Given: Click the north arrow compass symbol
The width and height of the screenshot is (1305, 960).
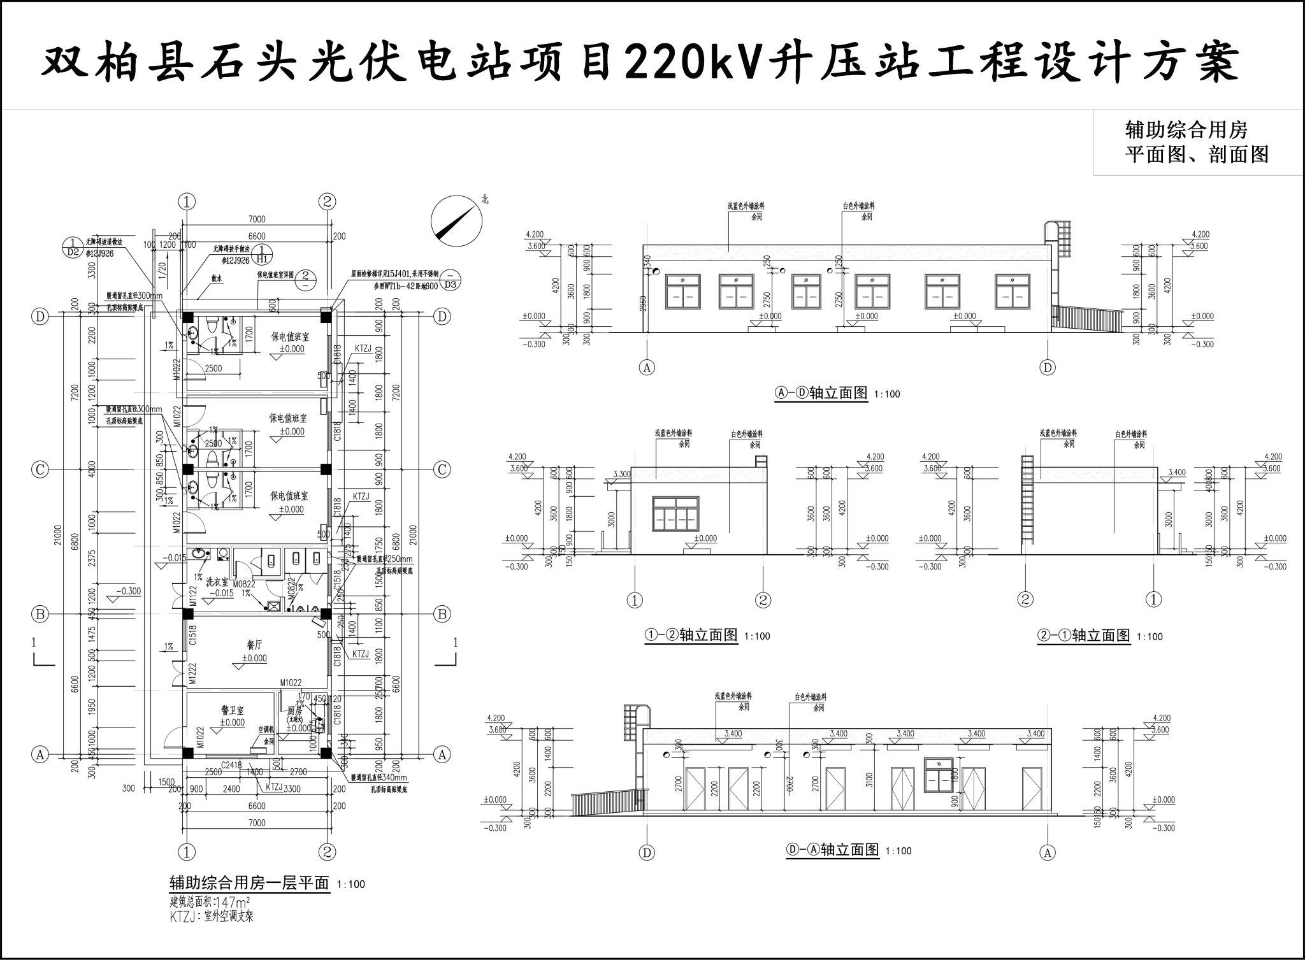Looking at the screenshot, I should click(456, 220).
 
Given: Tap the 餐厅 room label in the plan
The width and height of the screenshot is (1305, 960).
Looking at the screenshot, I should click(255, 645).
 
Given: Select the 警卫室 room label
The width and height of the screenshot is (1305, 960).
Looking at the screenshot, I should click(233, 710).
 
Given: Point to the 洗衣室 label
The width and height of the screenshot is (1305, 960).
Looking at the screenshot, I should click(217, 581).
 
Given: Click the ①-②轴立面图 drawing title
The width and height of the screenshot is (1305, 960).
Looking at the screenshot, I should click(691, 634).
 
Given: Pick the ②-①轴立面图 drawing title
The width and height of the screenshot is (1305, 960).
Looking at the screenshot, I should click(1083, 635).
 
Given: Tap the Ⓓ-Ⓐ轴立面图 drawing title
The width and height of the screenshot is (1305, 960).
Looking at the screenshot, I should click(833, 850).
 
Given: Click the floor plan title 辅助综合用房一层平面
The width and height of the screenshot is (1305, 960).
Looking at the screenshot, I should click(249, 883).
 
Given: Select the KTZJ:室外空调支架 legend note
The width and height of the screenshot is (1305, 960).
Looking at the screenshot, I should click(212, 917).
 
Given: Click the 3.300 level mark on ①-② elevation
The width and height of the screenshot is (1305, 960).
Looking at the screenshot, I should click(621, 475).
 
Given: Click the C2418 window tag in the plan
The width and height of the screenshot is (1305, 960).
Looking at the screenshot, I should click(231, 765).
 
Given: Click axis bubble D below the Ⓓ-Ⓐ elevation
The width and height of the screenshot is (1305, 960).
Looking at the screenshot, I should click(646, 852).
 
